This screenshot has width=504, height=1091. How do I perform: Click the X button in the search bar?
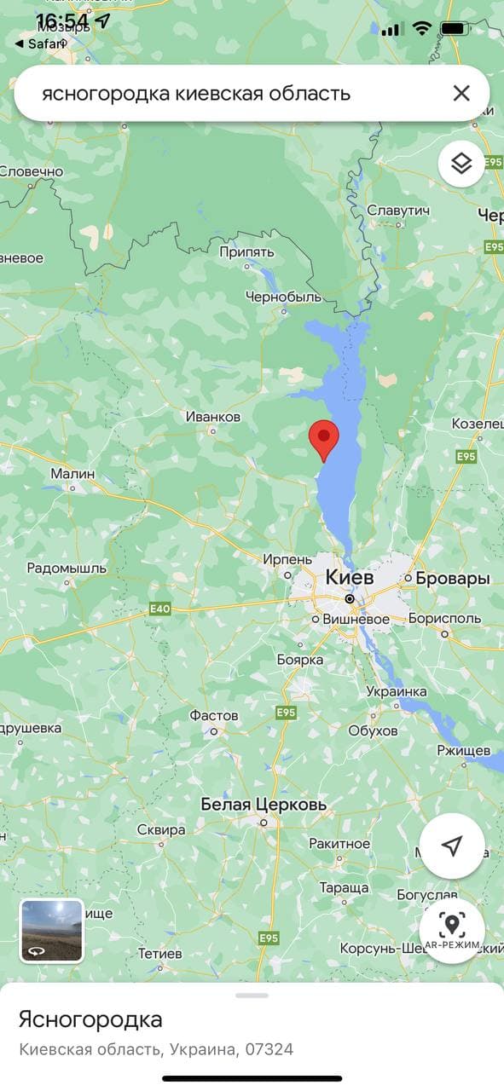click(x=461, y=93)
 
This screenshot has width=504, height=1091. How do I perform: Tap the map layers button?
click(x=461, y=163)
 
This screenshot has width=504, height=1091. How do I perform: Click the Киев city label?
click(x=350, y=577)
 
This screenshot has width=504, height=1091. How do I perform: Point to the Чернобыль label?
click(x=283, y=297)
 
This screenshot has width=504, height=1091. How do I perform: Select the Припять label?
click(x=246, y=252)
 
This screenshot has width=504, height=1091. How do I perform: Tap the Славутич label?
click(x=397, y=211)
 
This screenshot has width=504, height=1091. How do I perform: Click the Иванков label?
click(x=213, y=417)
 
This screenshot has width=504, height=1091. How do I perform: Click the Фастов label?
click(x=214, y=715)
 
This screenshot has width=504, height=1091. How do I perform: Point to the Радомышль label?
click(x=67, y=568)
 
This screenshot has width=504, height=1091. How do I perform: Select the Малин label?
click(x=72, y=473)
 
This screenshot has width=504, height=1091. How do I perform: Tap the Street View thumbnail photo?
click(x=52, y=931)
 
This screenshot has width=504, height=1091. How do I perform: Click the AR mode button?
click(x=452, y=929)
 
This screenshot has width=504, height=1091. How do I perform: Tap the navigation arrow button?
click(x=452, y=846)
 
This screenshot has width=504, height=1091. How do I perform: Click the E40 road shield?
click(x=159, y=609)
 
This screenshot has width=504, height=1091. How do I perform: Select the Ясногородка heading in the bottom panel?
click(x=90, y=1019)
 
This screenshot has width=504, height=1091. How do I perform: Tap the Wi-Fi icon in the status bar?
click(x=421, y=28)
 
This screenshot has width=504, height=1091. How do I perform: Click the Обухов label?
click(x=374, y=730)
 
